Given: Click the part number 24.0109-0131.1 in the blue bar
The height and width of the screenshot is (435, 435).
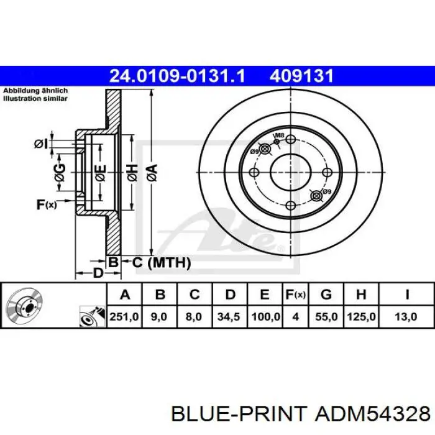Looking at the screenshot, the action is click(x=177, y=76).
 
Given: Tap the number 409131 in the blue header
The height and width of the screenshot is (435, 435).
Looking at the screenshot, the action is click(x=301, y=76).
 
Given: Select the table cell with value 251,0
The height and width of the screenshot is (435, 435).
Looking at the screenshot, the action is click(x=124, y=316).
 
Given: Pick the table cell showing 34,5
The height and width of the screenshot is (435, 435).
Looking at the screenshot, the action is click(x=229, y=316).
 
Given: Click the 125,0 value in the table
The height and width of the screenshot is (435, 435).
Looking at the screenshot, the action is click(x=361, y=316).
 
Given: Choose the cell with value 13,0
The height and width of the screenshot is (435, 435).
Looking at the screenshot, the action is click(x=406, y=316).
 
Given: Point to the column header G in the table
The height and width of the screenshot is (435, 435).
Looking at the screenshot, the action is click(x=326, y=295).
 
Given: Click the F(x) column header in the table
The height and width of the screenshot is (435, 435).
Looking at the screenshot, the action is click(x=295, y=295).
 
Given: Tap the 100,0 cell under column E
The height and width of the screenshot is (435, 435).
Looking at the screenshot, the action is click(x=265, y=316).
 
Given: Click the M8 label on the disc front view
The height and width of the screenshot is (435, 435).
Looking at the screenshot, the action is click(x=280, y=135).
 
